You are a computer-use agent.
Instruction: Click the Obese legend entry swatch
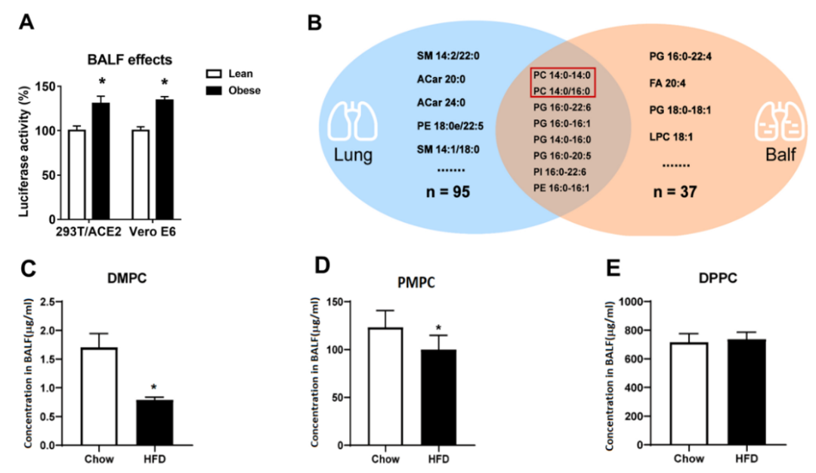click(214, 90)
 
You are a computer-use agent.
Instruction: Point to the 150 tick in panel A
click(49, 87)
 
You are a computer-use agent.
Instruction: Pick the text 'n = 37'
click(675, 192)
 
